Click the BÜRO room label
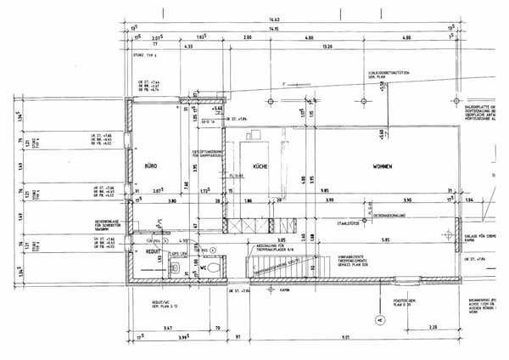(151, 166)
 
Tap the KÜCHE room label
(260, 167)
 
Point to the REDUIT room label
(153, 252)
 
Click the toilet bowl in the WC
(216, 267)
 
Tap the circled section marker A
(381, 320)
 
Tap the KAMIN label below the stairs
(284, 289)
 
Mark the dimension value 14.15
(273, 29)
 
